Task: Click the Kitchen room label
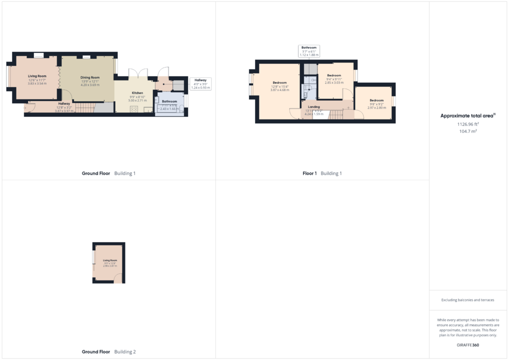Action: pos(137,93)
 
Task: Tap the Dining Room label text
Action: pos(90,77)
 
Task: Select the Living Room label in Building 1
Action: pos(37,76)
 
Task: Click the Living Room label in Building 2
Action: pos(110,260)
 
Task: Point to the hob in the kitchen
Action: pos(134,109)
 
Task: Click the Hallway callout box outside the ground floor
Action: pos(200,83)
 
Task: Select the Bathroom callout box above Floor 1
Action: pos(309,51)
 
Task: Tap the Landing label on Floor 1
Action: pos(313,106)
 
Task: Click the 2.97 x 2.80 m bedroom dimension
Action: pos(376,107)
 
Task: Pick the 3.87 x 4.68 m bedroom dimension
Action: pos(279,90)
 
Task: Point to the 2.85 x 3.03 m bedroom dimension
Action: pos(334,82)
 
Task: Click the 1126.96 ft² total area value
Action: pos(467,124)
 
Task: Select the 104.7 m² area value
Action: pos(467,131)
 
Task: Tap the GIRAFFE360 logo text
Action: pos(467,345)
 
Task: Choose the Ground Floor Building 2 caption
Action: pos(108,352)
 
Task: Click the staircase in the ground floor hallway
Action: pos(84,107)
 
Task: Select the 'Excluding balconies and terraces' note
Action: pos(467,300)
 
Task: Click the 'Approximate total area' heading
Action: pos(467,115)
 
